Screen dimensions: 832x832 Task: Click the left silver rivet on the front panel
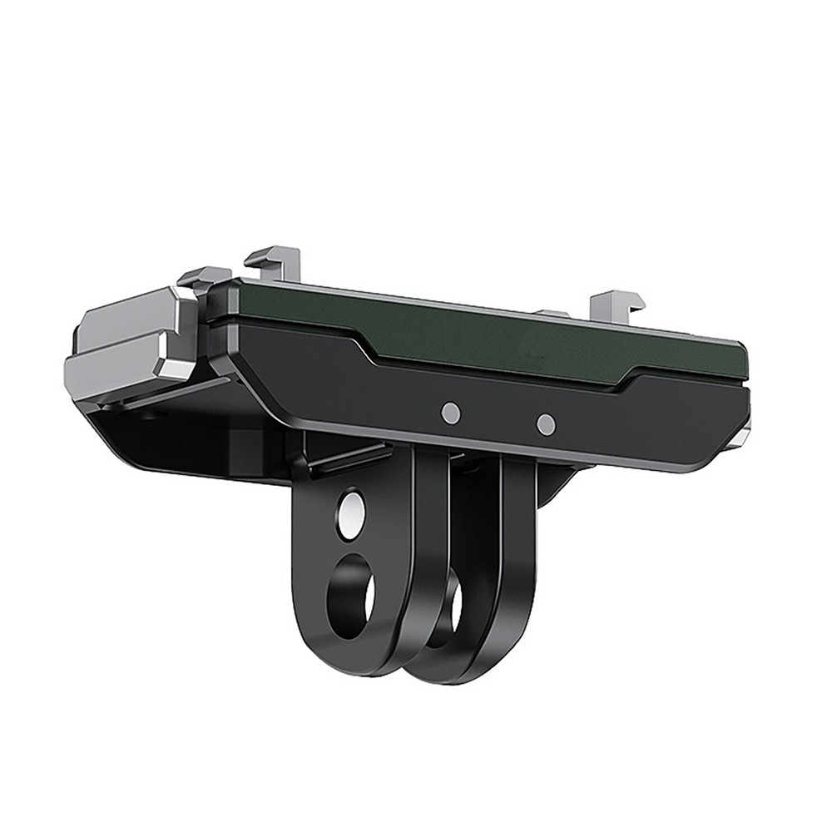point(451,413)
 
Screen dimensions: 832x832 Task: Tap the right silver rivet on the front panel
point(546,424)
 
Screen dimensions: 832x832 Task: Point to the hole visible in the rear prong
point(455,612)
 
